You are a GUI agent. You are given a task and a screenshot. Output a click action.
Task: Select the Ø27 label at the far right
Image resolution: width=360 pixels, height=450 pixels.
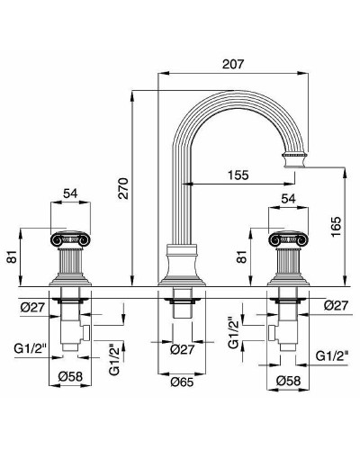[333, 305]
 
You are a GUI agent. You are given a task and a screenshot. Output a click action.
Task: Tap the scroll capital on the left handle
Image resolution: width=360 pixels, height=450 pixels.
[69, 239]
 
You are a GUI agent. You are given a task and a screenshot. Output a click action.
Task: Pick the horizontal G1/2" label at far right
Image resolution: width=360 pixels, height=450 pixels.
[332, 356]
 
